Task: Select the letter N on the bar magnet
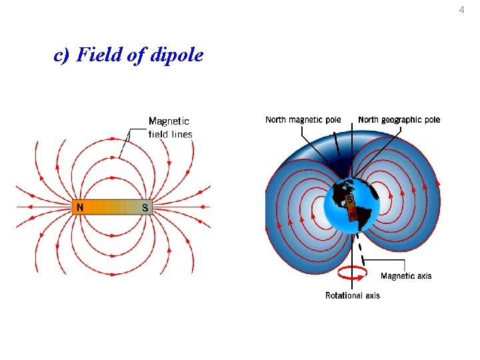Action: point(80,207)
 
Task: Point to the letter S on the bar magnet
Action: point(145,207)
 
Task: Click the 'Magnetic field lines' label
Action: point(170,127)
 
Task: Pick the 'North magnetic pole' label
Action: point(303,120)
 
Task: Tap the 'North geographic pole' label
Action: point(399,120)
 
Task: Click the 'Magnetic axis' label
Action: point(406,276)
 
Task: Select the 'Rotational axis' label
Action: point(352,295)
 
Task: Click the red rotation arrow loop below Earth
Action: point(353,273)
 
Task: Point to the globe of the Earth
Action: point(351,207)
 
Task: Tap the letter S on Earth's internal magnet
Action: point(350,199)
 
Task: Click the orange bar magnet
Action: point(112,207)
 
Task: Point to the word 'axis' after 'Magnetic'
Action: point(424,276)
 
